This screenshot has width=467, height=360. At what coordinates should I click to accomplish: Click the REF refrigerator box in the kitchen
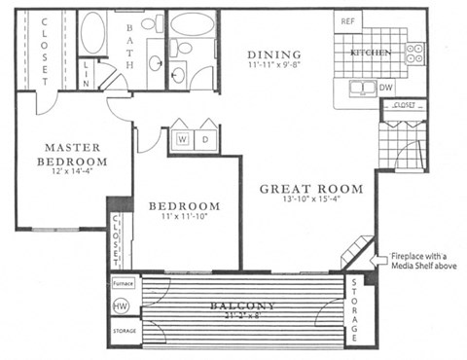(345, 19)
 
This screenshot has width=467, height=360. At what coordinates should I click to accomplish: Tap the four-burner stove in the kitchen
(415, 51)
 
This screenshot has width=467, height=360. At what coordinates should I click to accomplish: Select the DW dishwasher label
(386, 88)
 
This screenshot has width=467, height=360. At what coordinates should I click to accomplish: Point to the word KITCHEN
(371, 51)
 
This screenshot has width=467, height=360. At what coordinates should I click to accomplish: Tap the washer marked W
(183, 138)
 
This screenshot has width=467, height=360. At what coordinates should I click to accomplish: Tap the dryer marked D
(207, 138)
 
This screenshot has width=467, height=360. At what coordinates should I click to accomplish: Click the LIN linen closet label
(86, 68)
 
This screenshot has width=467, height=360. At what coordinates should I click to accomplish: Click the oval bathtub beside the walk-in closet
(93, 33)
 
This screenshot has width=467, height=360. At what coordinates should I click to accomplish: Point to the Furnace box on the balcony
(123, 284)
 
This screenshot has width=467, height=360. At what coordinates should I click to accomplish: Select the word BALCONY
(242, 306)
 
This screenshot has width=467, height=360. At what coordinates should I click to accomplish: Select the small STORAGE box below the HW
(124, 332)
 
